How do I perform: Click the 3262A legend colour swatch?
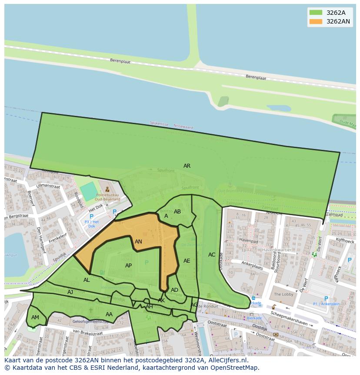pos(316,13)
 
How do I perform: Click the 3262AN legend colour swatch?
pos(316,21)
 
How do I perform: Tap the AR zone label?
pos(187,166)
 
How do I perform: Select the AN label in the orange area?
pos(138,242)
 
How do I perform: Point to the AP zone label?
pos(128,266)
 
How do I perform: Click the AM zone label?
pos(35,318)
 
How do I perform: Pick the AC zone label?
pos(212,255)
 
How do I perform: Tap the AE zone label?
pos(187,261)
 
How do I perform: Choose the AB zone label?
pos(177,212)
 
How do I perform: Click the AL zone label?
pos(87,280)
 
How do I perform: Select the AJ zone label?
pos(70,292)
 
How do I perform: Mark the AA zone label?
pos(109,314)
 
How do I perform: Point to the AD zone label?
pos(174,290)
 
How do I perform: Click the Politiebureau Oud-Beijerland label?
pos(108,197)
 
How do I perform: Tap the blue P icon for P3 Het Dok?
pos(91,216)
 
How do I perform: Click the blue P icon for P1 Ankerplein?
pos(326,299)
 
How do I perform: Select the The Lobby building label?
pos(283,294)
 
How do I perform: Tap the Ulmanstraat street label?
pos(48,186)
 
